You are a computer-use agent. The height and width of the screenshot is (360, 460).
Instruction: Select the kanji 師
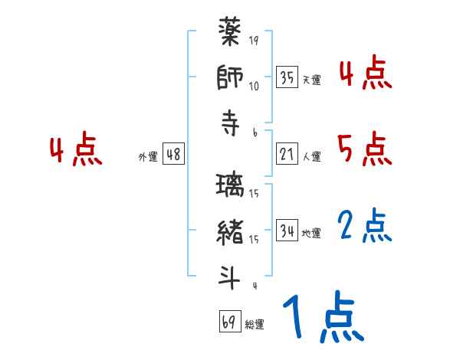point(231,80)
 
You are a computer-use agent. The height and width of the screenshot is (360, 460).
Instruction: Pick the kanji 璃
point(231,188)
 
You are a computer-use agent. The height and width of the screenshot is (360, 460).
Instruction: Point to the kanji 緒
point(231,233)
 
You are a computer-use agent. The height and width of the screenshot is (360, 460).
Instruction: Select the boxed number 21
point(287,154)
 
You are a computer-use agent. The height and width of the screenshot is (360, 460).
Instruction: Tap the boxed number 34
point(287,230)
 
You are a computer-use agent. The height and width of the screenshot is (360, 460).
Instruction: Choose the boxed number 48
point(172,154)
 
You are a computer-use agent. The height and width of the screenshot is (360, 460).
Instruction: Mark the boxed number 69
point(228,321)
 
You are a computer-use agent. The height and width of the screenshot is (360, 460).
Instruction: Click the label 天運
point(311,80)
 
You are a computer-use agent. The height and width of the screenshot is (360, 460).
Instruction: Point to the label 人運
point(311,157)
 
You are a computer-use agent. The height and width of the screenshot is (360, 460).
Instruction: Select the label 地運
point(311,233)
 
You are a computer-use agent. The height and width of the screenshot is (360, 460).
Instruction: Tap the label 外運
point(148,157)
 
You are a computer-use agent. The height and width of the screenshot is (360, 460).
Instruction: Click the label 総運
point(254,324)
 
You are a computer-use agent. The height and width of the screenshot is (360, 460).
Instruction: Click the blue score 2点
point(365,226)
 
